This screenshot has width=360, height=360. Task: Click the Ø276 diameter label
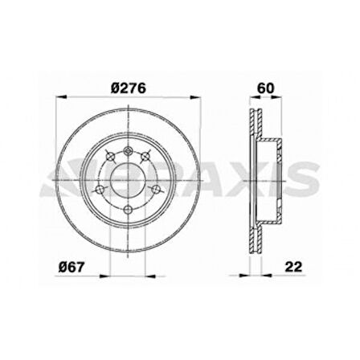pos(128,89)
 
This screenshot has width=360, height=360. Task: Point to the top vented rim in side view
pos(256,125)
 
